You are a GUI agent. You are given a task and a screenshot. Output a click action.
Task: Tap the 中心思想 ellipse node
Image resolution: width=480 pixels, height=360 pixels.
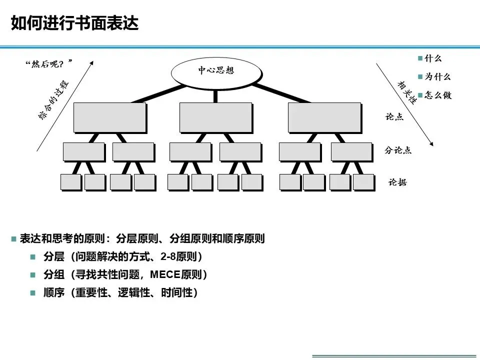click(216, 70)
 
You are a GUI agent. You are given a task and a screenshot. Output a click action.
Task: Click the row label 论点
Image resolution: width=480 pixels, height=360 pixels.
click(394, 116)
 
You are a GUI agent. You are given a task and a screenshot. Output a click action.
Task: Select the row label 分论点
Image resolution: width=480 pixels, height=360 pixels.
click(398, 150)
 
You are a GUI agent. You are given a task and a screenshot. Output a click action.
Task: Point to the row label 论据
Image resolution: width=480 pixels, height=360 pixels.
click(397, 182)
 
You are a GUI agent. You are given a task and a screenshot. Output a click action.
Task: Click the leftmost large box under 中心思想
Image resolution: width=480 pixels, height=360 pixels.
click(109, 117)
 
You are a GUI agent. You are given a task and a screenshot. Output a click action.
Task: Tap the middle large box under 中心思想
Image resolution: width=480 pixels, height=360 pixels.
click(215, 117)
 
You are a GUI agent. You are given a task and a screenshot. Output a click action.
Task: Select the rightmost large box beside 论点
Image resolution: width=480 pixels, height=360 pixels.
click(324, 117)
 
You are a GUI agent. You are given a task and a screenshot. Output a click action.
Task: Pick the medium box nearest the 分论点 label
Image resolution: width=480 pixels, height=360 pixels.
click(351, 151)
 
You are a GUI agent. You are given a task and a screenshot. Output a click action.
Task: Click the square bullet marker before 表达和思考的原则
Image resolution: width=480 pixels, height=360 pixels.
click(14, 239)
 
